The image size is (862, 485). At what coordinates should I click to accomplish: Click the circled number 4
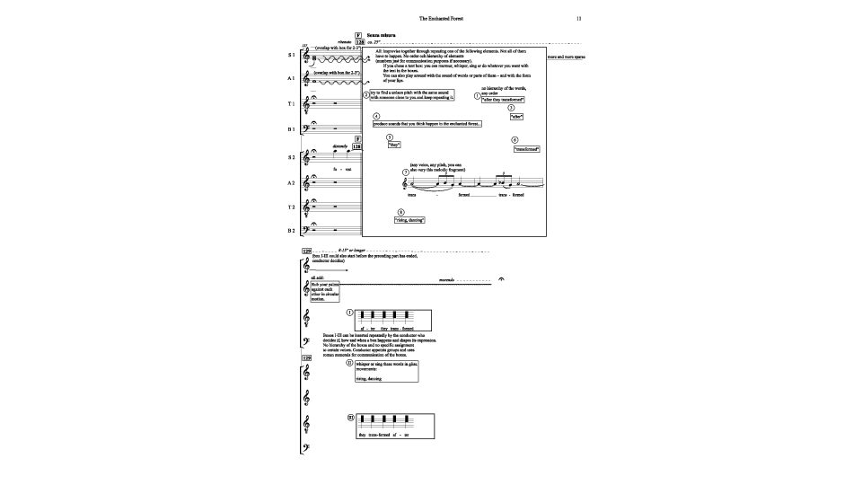point(376,116)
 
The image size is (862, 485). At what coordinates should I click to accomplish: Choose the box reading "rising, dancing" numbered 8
point(409,219)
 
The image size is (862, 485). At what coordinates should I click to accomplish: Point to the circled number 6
point(514,140)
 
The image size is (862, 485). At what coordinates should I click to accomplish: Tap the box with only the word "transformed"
point(525,149)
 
